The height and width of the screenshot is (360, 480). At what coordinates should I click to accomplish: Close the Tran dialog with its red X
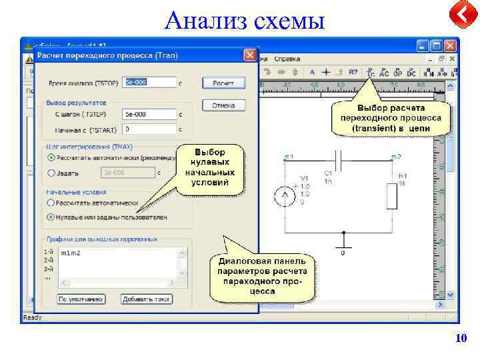pyautogui.click(x=250, y=55)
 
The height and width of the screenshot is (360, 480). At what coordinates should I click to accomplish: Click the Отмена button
pyautogui.click(x=228, y=105)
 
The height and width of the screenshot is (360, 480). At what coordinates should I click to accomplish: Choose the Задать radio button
pyautogui.click(x=51, y=173)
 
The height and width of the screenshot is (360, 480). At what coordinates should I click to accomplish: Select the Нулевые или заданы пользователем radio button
pyautogui.click(x=51, y=217)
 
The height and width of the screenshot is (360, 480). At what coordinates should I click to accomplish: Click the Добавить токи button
pyautogui.click(x=147, y=299)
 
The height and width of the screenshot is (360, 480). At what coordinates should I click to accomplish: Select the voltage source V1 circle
pyautogui.click(x=285, y=197)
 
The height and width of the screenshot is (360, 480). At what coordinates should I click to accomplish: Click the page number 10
pyautogui.click(x=461, y=339)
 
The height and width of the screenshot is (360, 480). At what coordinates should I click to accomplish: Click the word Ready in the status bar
pyautogui.click(x=32, y=318)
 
